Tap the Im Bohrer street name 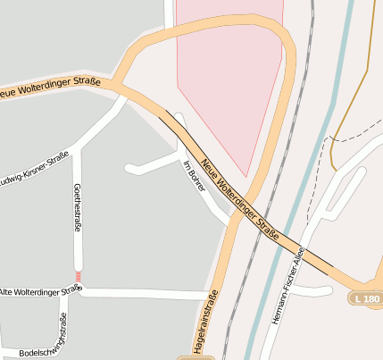[x=194, y=177]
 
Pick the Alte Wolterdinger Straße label [x=40, y=291]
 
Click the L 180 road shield [x=366, y=297]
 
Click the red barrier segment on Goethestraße [x=79, y=276]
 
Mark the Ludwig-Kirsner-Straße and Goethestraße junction [x=79, y=146]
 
